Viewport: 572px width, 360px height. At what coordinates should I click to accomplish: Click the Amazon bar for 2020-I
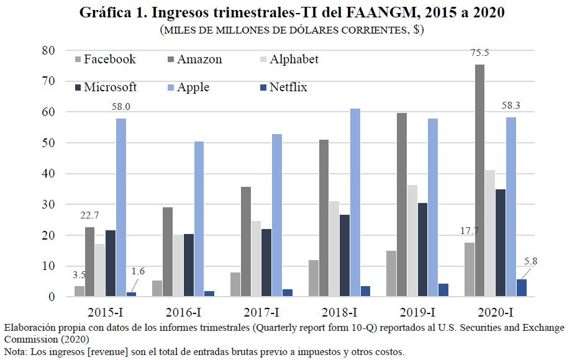[480, 181]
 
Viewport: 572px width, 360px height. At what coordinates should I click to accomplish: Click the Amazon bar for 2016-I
[168, 252]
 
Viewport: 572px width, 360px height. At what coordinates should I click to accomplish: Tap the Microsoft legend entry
[105, 88]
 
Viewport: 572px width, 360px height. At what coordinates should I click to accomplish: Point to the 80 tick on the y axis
[49, 50]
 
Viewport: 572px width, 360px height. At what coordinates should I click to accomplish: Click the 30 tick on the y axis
[49, 204]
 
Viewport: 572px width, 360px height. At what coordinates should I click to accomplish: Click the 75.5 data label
[480, 53]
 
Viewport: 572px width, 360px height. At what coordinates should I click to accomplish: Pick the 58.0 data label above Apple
[120, 107]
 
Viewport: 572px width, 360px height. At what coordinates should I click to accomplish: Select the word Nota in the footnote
[15, 352]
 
